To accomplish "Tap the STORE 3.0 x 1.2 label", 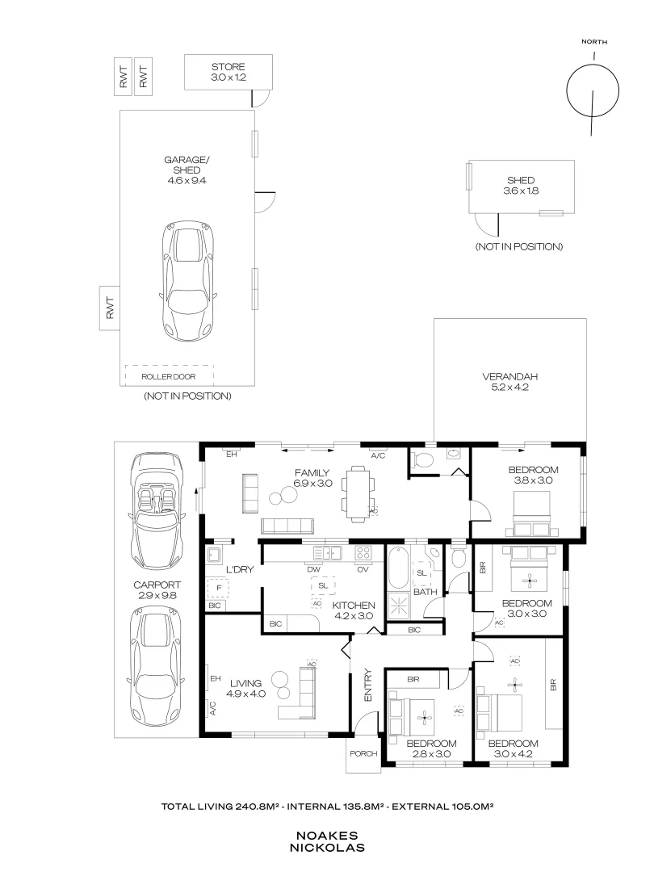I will click(x=228, y=72).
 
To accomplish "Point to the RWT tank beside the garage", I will click(x=110, y=308).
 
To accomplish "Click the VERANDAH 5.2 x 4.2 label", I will click(x=509, y=382).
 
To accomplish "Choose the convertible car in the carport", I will click(x=158, y=509).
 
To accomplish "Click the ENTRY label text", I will click(x=368, y=685).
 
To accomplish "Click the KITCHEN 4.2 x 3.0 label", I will click(x=354, y=610).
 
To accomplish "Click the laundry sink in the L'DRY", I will click(x=215, y=555).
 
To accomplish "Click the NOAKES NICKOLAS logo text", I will click(x=327, y=841).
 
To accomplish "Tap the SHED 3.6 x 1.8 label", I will click(x=521, y=186).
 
